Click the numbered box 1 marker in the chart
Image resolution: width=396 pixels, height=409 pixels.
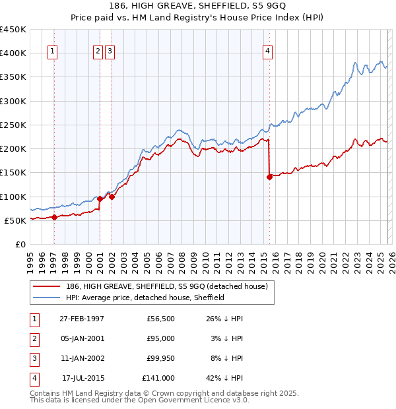click(x=52, y=53)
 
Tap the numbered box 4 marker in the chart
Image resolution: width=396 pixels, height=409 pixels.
click(x=267, y=53)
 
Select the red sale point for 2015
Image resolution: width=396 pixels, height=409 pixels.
click(x=269, y=177)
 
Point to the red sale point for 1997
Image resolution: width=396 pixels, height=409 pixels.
click(x=54, y=218)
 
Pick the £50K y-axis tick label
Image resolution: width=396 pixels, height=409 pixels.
click(x=15, y=220)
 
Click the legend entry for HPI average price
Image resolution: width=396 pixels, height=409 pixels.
click(x=145, y=298)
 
